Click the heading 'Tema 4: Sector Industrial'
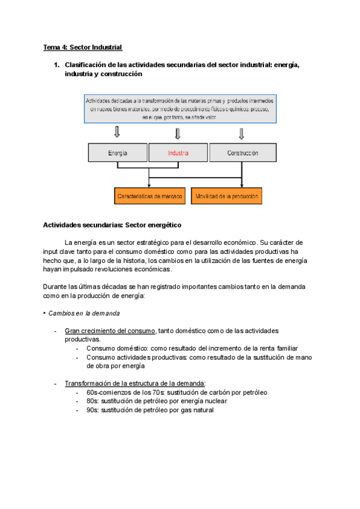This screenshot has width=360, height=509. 82,47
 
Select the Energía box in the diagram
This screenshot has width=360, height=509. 118,153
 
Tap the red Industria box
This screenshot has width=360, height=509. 178,153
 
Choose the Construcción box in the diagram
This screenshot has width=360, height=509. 242,153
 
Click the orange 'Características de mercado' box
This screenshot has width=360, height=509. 150,196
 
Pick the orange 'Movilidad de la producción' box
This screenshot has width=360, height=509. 227,196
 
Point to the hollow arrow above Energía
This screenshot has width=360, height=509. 118,131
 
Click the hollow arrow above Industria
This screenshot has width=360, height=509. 178,133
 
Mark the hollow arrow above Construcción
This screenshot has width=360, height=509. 242,133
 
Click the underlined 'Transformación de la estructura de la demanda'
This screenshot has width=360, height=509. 135,384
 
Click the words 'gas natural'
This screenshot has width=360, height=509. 196,410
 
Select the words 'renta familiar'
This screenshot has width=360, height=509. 276,348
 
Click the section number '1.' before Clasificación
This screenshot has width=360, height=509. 57,65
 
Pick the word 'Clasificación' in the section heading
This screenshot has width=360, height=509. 91,65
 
